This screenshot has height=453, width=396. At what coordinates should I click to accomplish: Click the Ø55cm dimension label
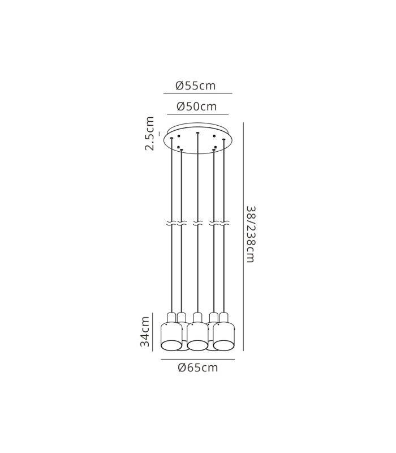click(x=196, y=86)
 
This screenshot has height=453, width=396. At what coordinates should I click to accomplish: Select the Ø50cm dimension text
click(x=197, y=106)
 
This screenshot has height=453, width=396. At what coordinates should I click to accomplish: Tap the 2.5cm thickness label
click(x=149, y=134)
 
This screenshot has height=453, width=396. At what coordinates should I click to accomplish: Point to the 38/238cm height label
click(x=251, y=234)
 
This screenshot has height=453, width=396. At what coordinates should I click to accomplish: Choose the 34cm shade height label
click(x=145, y=332)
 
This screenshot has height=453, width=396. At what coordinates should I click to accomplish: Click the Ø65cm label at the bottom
click(x=198, y=367)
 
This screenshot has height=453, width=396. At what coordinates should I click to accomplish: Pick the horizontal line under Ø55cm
click(x=198, y=93)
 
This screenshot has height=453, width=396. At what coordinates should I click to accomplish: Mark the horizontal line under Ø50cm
click(x=198, y=114)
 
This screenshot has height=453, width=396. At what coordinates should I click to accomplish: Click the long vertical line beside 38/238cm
click(x=243, y=237)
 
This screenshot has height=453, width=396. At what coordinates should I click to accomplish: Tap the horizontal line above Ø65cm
click(x=198, y=360)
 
